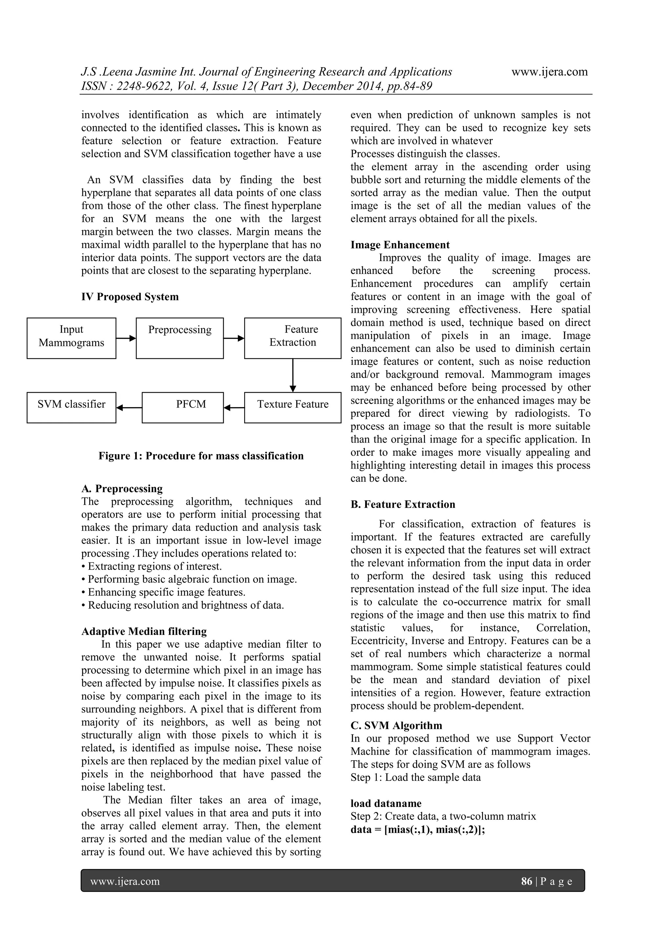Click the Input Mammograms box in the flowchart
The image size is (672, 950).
(x=71, y=338)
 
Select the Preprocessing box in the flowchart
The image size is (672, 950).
(x=179, y=338)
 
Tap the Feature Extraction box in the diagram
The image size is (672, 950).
(x=293, y=338)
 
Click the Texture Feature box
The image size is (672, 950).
(x=293, y=408)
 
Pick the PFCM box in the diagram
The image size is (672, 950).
(x=182, y=408)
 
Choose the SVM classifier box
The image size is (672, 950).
(x=71, y=408)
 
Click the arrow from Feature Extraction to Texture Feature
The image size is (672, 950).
(x=293, y=375)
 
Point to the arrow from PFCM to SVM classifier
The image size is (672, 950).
(x=129, y=408)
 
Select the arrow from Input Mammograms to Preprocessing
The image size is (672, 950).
(x=126, y=338)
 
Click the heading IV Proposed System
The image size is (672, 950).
(x=130, y=297)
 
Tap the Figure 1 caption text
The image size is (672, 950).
(x=201, y=456)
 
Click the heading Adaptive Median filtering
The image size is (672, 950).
(x=144, y=631)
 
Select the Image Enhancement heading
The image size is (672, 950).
(x=400, y=245)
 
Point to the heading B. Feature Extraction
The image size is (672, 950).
(x=403, y=504)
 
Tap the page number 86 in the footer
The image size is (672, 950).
(x=526, y=881)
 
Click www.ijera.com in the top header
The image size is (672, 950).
(x=550, y=72)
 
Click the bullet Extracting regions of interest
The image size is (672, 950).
(x=152, y=566)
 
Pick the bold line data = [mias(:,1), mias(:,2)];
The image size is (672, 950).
(x=417, y=830)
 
